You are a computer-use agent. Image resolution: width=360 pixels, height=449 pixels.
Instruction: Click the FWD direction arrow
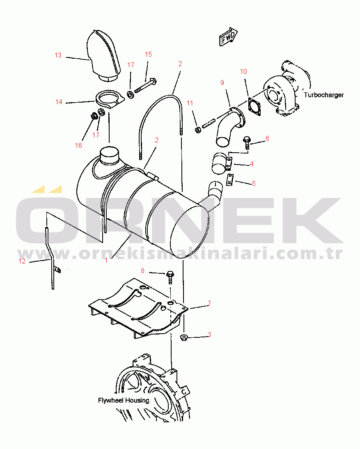click(228, 37)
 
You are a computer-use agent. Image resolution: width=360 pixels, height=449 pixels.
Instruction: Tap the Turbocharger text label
click(323, 95)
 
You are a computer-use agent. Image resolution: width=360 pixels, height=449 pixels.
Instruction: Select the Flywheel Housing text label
click(124, 400)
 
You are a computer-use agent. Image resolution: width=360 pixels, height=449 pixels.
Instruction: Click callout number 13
click(58, 55)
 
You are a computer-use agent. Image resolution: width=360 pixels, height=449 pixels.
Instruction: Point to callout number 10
click(243, 71)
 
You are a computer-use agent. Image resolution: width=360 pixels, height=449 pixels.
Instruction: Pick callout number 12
click(22, 261)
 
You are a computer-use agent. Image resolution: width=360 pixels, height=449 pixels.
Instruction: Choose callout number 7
click(209, 303)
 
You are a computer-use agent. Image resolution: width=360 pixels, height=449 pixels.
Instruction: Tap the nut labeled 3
click(184, 337)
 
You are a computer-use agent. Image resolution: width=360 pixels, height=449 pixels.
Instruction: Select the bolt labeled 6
click(247, 142)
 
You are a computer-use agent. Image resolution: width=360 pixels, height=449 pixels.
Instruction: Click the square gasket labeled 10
click(255, 107)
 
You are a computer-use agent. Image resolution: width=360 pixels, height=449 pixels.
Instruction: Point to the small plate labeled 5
click(230, 180)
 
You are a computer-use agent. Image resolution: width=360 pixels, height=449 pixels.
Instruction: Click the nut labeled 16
click(94, 116)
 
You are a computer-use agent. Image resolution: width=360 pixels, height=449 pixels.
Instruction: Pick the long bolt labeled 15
click(145, 85)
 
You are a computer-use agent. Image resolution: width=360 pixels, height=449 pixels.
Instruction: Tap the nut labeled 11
click(197, 130)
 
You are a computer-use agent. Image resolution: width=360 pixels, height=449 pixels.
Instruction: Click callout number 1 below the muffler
click(106, 260)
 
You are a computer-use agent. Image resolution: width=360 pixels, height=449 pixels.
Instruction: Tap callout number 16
click(78, 145)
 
